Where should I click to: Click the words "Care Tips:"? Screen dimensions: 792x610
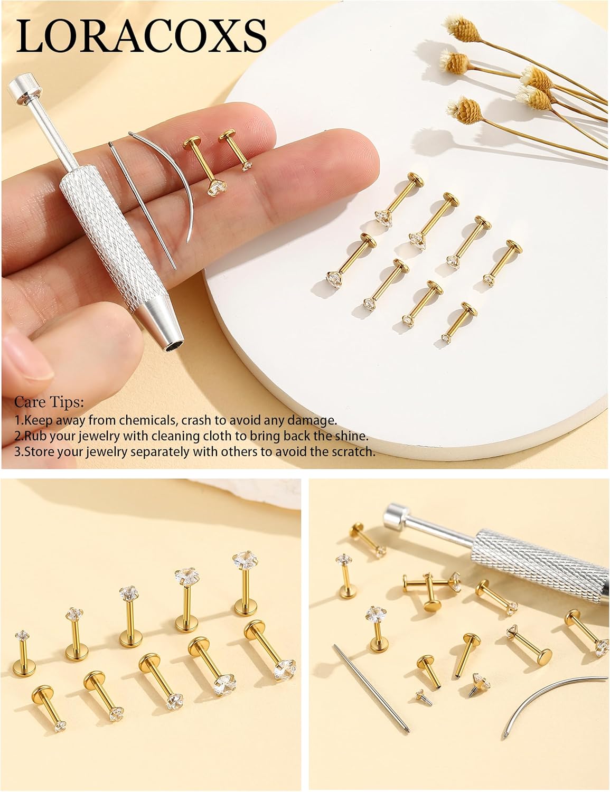pos(49,402)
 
